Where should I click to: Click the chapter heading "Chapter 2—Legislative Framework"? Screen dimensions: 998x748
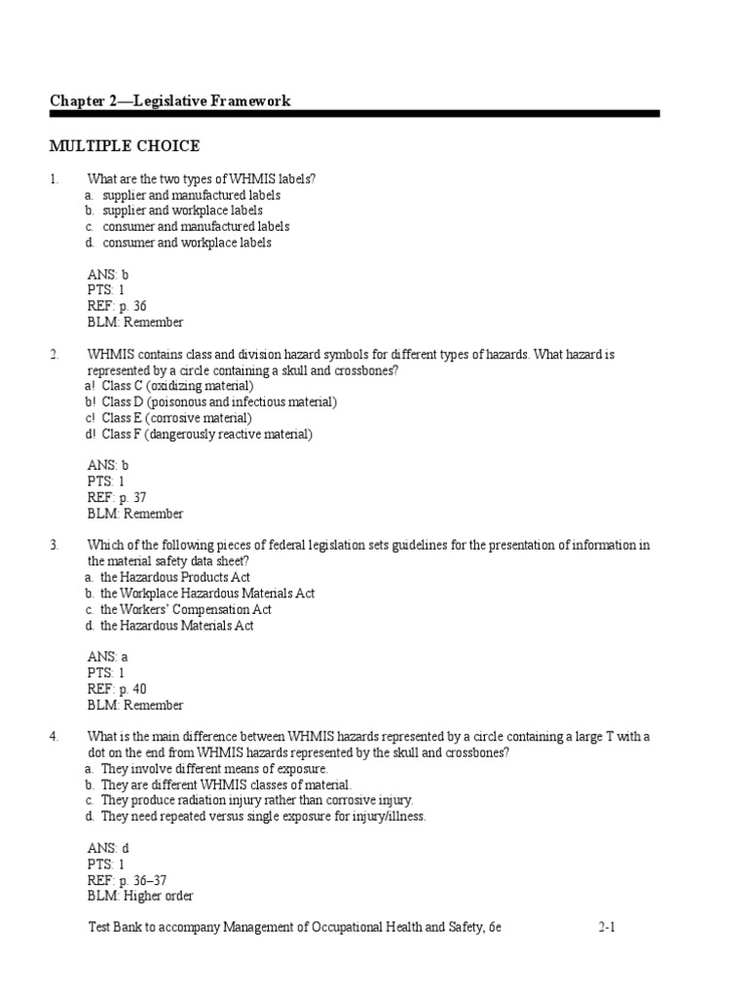click(169, 101)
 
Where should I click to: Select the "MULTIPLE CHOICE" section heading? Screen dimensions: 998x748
click(125, 146)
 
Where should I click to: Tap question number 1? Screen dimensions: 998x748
click(55, 178)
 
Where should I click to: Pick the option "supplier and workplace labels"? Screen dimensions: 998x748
click(182, 211)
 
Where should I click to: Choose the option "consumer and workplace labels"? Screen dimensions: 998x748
click(186, 243)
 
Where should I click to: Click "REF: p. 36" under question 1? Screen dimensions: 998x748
click(117, 306)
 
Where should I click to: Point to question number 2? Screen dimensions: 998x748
click(55, 355)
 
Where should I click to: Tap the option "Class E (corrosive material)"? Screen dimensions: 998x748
click(176, 418)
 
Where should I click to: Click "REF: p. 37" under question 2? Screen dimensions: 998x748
click(117, 498)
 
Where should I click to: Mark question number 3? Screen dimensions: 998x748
click(55, 546)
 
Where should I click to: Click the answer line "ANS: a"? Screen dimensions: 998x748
click(107, 657)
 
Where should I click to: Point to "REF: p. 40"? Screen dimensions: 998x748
click(117, 689)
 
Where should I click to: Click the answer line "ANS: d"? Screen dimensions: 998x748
click(107, 848)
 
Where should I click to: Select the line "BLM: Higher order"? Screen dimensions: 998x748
click(140, 897)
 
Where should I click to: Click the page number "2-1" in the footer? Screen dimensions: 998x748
click(607, 929)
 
